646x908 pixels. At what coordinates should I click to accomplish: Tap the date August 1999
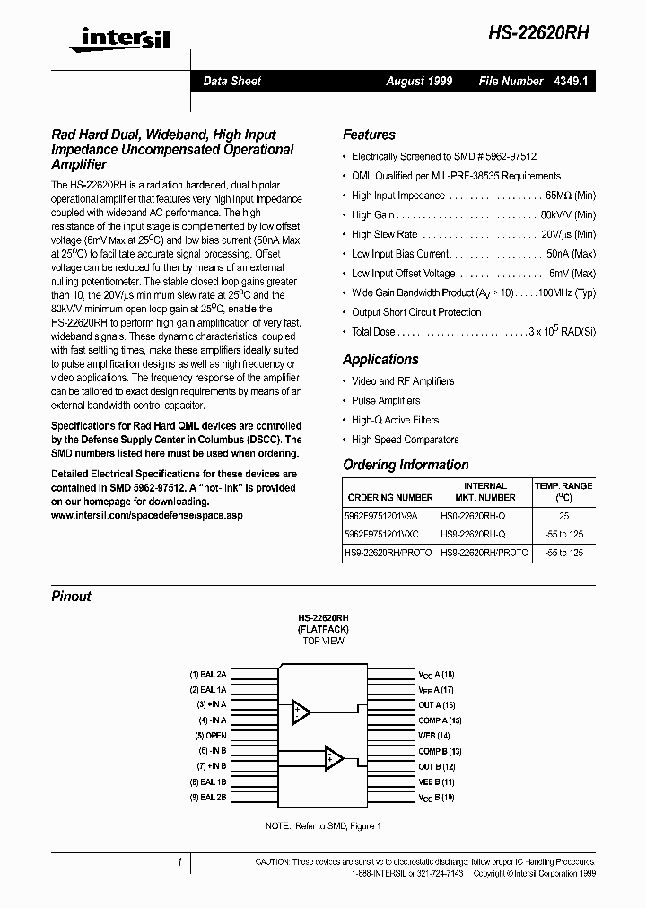pos(419,81)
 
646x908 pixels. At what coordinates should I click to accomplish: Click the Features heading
pos(369,135)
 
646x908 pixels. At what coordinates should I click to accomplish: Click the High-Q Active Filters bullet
pos(395,420)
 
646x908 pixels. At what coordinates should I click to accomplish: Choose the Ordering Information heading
pos(406,465)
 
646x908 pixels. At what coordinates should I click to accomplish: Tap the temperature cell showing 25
pos(563,517)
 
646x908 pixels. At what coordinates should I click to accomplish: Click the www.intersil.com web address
pos(146,516)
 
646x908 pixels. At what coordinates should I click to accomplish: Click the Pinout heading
pos(71,596)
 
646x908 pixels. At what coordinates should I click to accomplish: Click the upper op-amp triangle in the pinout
pos(301,712)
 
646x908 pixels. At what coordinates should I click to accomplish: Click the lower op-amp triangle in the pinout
pos(334,758)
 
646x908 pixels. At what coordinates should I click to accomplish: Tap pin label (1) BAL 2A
pos(207,673)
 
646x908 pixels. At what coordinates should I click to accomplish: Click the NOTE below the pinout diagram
pos(323,825)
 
